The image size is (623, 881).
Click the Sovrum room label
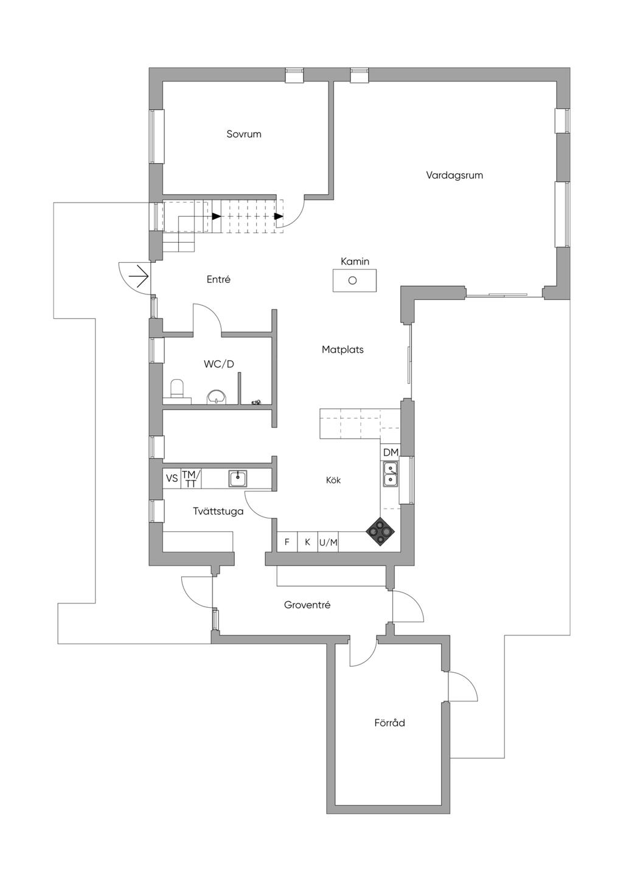click(x=244, y=134)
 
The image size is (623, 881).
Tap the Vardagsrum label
click(x=454, y=175)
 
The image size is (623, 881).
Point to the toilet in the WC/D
click(x=177, y=389)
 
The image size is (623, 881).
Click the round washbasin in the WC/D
click(x=217, y=397)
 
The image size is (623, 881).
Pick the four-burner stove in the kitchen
click(x=380, y=532)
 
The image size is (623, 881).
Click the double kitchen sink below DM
click(x=390, y=474)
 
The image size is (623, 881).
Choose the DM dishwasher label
click(x=391, y=453)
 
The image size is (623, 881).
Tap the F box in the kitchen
click(x=287, y=541)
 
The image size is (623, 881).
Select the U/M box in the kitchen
click(x=329, y=541)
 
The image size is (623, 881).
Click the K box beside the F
click(x=308, y=541)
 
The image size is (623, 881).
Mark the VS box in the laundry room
click(x=172, y=478)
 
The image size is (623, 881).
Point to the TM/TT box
click(x=191, y=479)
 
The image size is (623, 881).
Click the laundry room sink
click(x=238, y=479)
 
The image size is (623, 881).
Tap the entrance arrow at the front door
click(x=139, y=277)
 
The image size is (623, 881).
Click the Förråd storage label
click(x=389, y=723)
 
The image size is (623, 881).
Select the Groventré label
click(x=307, y=605)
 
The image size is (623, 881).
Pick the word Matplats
click(x=343, y=349)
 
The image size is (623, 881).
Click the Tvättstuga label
click(x=218, y=511)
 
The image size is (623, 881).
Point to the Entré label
click(x=218, y=279)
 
